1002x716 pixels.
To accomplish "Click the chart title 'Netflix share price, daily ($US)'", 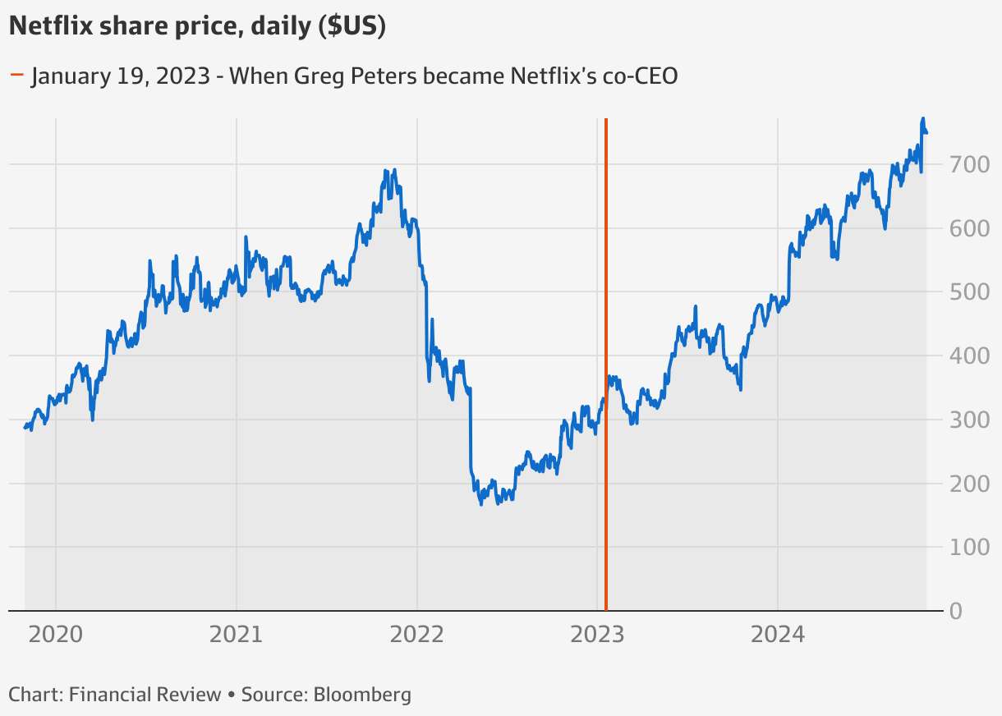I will click(x=197, y=26).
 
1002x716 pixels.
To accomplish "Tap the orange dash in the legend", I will click(x=16, y=77).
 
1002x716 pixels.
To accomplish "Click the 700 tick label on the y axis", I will click(x=971, y=164).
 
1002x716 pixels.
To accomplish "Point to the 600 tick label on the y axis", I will click(x=971, y=228).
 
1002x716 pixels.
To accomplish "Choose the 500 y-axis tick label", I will click(x=971, y=291).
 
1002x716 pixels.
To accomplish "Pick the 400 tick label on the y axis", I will click(x=971, y=356).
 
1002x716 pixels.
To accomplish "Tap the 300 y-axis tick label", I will click(x=971, y=420).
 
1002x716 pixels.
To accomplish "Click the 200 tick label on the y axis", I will click(x=971, y=483).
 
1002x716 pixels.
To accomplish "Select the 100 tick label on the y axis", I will click(x=971, y=547).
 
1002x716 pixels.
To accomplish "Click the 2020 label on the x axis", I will click(x=55, y=634).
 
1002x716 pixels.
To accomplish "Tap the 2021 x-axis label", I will click(x=236, y=634).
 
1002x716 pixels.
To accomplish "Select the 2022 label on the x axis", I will click(x=416, y=634).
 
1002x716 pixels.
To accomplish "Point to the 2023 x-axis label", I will click(x=597, y=634).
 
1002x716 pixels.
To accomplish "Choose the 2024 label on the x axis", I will click(x=778, y=634).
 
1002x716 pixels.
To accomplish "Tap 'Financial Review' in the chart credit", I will click(x=145, y=695).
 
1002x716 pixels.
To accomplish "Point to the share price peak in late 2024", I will click(x=923, y=119).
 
